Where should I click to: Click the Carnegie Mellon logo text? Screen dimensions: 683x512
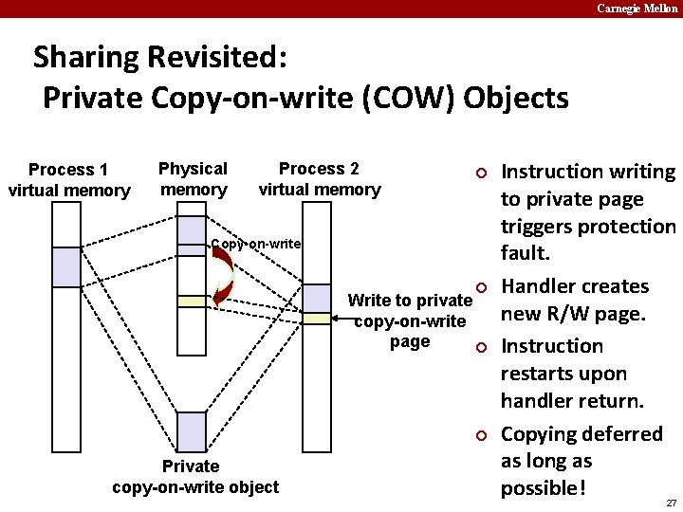click(x=637, y=9)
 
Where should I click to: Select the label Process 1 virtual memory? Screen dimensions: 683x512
click(x=68, y=180)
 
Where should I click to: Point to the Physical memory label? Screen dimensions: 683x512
click(x=193, y=178)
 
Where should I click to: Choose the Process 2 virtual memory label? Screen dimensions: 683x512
click(x=319, y=178)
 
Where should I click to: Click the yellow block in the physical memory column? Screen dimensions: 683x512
click(x=192, y=301)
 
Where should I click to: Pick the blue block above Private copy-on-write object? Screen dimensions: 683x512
click(x=192, y=432)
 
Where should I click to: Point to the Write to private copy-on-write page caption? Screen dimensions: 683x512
click(x=409, y=321)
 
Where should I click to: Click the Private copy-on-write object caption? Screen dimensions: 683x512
click(x=195, y=477)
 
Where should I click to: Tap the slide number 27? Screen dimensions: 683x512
click(x=671, y=503)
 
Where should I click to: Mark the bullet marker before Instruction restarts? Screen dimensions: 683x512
click(x=481, y=347)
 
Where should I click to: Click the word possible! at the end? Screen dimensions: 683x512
click(x=544, y=489)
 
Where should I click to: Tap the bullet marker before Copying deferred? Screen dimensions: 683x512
click(x=481, y=435)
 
